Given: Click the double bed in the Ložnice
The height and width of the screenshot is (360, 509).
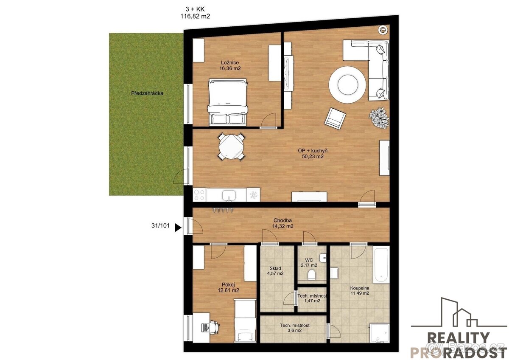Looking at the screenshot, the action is (x=228, y=102).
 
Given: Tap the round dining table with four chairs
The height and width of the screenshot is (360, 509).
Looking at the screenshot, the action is (x=232, y=147).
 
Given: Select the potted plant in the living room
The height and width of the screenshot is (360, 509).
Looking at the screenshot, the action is (x=378, y=118).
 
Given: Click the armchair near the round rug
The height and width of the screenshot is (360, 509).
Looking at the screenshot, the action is (x=335, y=118).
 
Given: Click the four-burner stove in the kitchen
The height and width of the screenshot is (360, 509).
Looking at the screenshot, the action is (x=199, y=195).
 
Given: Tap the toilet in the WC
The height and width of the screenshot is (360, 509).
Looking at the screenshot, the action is (x=311, y=275).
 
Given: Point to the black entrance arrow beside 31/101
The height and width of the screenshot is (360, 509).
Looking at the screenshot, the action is (x=178, y=228).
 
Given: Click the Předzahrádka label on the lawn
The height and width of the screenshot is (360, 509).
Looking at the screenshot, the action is (x=147, y=93).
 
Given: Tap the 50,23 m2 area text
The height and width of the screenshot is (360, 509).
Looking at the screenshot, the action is (x=313, y=157).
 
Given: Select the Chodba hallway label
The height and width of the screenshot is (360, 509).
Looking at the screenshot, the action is (x=282, y=220).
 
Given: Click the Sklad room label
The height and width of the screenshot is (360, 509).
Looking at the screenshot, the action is (x=275, y=268).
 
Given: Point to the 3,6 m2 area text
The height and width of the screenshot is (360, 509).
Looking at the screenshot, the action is (x=294, y=330).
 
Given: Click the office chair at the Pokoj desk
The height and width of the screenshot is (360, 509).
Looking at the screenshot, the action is (x=214, y=327).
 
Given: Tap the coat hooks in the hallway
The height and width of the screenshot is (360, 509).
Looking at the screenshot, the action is (x=223, y=210).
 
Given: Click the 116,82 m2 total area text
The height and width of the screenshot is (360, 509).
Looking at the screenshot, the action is (x=195, y=17).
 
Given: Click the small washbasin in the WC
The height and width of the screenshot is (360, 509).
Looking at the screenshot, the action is (x=323, y=258).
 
